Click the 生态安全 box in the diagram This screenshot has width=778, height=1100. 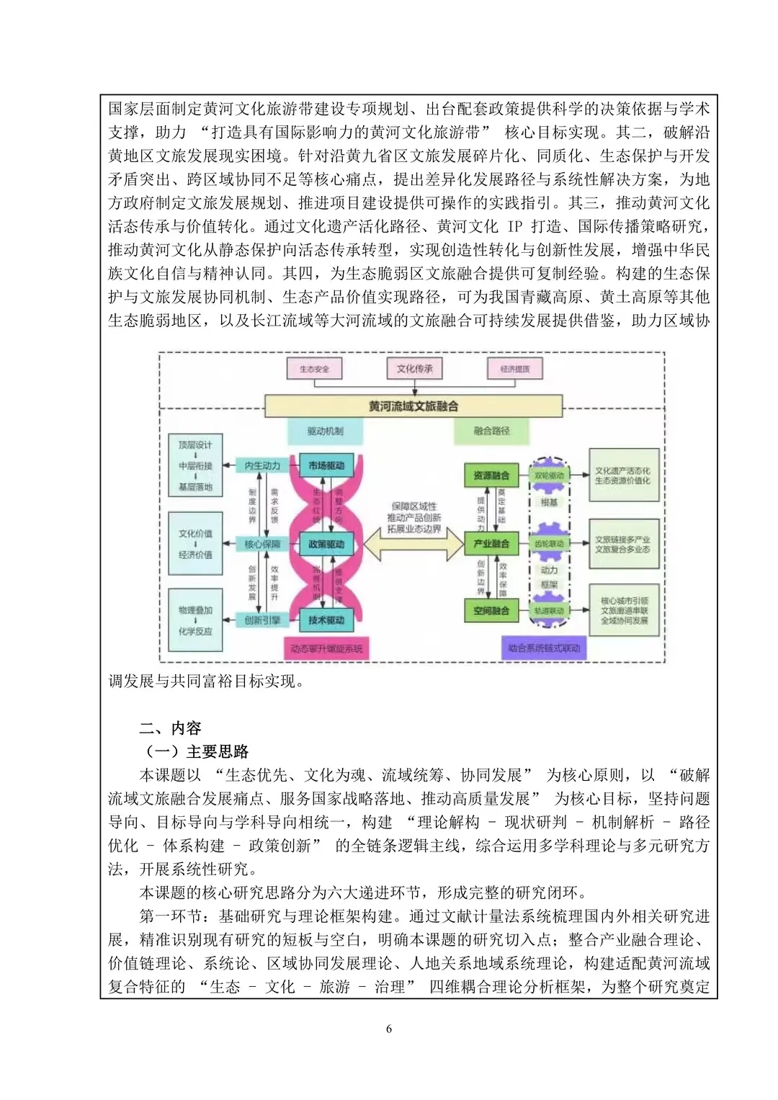point(314,369)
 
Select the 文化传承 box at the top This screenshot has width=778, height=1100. point(414,369)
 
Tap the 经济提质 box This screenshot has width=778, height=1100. point(514,369)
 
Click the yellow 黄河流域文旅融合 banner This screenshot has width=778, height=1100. point(413,406)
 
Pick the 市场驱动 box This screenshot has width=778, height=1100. point(326,466)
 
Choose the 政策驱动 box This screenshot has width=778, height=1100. point(326,544)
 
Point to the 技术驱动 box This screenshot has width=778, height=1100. point(326,620)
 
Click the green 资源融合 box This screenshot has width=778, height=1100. point(491,475)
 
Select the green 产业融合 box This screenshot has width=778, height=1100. point(491,543)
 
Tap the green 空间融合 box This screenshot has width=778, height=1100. point(491,611)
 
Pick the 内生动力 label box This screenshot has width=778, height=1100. point(262,466)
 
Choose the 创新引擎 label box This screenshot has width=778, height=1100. point(262,620)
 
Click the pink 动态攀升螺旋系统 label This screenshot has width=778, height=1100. point(326,648)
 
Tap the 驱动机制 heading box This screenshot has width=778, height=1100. point(325,431)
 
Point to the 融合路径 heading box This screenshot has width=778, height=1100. point(491,431)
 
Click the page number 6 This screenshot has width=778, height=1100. point(389,1029)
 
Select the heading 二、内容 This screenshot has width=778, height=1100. point(171,728)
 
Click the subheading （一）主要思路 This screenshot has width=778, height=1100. point(197,751)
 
